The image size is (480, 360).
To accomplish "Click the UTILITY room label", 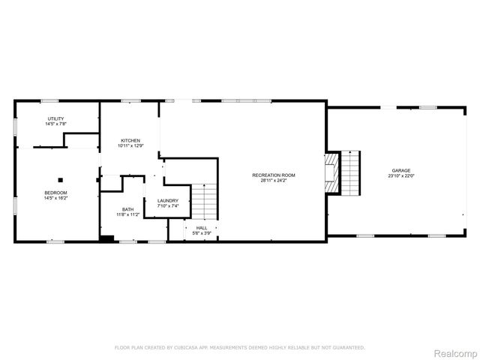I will [55, 118].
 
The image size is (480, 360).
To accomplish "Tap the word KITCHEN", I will [130, 140].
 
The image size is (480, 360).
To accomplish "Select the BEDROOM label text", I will [55, 193].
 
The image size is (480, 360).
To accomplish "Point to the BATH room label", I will [127, 209].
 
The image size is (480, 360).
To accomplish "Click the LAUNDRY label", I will [167, 200].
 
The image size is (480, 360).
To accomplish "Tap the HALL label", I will [202, 227].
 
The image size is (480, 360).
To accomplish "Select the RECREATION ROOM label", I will [273, 175].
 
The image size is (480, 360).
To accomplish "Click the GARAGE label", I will [400, 170].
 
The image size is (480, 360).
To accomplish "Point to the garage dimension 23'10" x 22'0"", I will [400, 176].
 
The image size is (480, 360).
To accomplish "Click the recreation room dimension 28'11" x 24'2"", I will [273, 181].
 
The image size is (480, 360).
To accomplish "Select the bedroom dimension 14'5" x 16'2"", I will [55, 199].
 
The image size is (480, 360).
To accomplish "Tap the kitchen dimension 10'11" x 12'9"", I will [130, 146].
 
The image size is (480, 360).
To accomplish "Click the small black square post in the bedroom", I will [61, 179].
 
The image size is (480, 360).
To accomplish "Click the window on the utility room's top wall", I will [50, 100].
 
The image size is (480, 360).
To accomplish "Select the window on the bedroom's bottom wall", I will [55, 241].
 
